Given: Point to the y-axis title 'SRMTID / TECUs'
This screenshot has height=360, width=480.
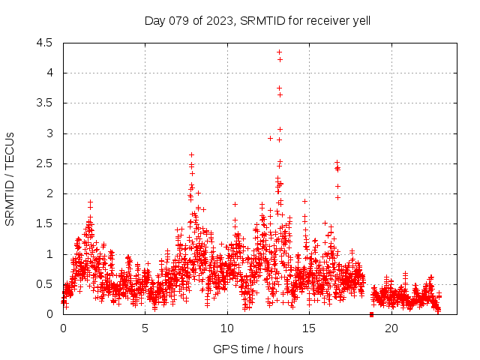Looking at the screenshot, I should [x=10, y=178].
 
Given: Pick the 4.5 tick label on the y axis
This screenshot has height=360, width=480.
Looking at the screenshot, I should [x=44, y=43].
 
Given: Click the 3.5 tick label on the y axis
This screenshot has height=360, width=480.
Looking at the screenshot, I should [x=44, y=103].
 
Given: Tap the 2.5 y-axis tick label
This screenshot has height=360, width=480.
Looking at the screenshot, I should [x=44, y=163].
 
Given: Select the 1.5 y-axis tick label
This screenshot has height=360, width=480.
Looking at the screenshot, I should [x=44, y=223].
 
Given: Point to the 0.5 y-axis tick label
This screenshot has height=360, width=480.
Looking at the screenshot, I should [x=44, y=284].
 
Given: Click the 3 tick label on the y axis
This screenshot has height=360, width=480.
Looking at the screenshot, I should [x=49, y=133].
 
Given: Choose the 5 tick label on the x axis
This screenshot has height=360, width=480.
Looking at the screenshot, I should [x=145, y=328].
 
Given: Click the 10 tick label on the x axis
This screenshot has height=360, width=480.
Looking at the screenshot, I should [x=227, y=328].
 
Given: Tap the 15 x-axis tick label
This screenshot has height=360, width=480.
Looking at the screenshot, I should [x=309, y=328].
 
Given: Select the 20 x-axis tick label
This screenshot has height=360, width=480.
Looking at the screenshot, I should [x=391, y=328].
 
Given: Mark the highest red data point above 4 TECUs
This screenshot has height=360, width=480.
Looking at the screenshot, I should [x=279, y=52].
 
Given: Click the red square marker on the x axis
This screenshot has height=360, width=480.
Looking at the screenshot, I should [x=372, y=314].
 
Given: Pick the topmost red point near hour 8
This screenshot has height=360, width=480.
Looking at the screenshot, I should [x=191, y=154].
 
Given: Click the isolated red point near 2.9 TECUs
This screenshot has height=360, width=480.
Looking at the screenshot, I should [x=270, y=138].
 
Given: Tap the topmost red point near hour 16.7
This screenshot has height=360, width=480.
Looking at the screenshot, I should [x=337, y=161].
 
